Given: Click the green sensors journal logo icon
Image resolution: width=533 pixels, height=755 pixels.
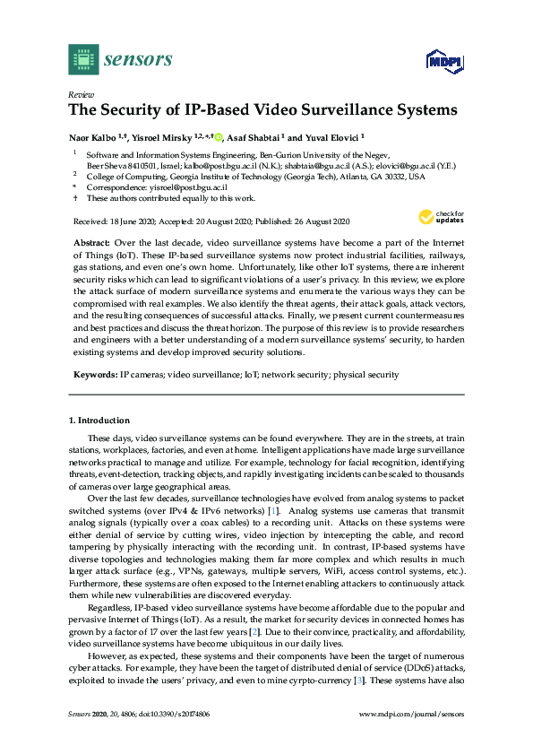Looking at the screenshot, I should tap(83, 59).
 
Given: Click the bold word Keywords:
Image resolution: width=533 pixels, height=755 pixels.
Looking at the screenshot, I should tap(94, 374).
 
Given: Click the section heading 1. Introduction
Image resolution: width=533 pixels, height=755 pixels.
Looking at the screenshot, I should tap(99, 421).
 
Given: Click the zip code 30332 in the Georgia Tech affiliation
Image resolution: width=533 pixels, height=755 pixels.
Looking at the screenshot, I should tap(394, 178).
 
